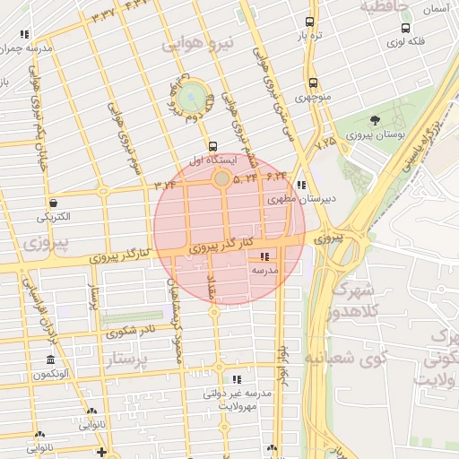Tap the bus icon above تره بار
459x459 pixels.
click(309, 22)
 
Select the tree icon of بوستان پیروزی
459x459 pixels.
click(374, 121)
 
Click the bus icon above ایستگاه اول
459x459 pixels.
click(212, 145)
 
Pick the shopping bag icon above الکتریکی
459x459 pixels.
click(55, 203)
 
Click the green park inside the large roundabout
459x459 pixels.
click(190, 97)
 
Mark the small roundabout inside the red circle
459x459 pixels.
click(221, 179)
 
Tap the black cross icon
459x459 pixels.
click(101, 452)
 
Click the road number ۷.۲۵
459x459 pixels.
click(325, 142)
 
